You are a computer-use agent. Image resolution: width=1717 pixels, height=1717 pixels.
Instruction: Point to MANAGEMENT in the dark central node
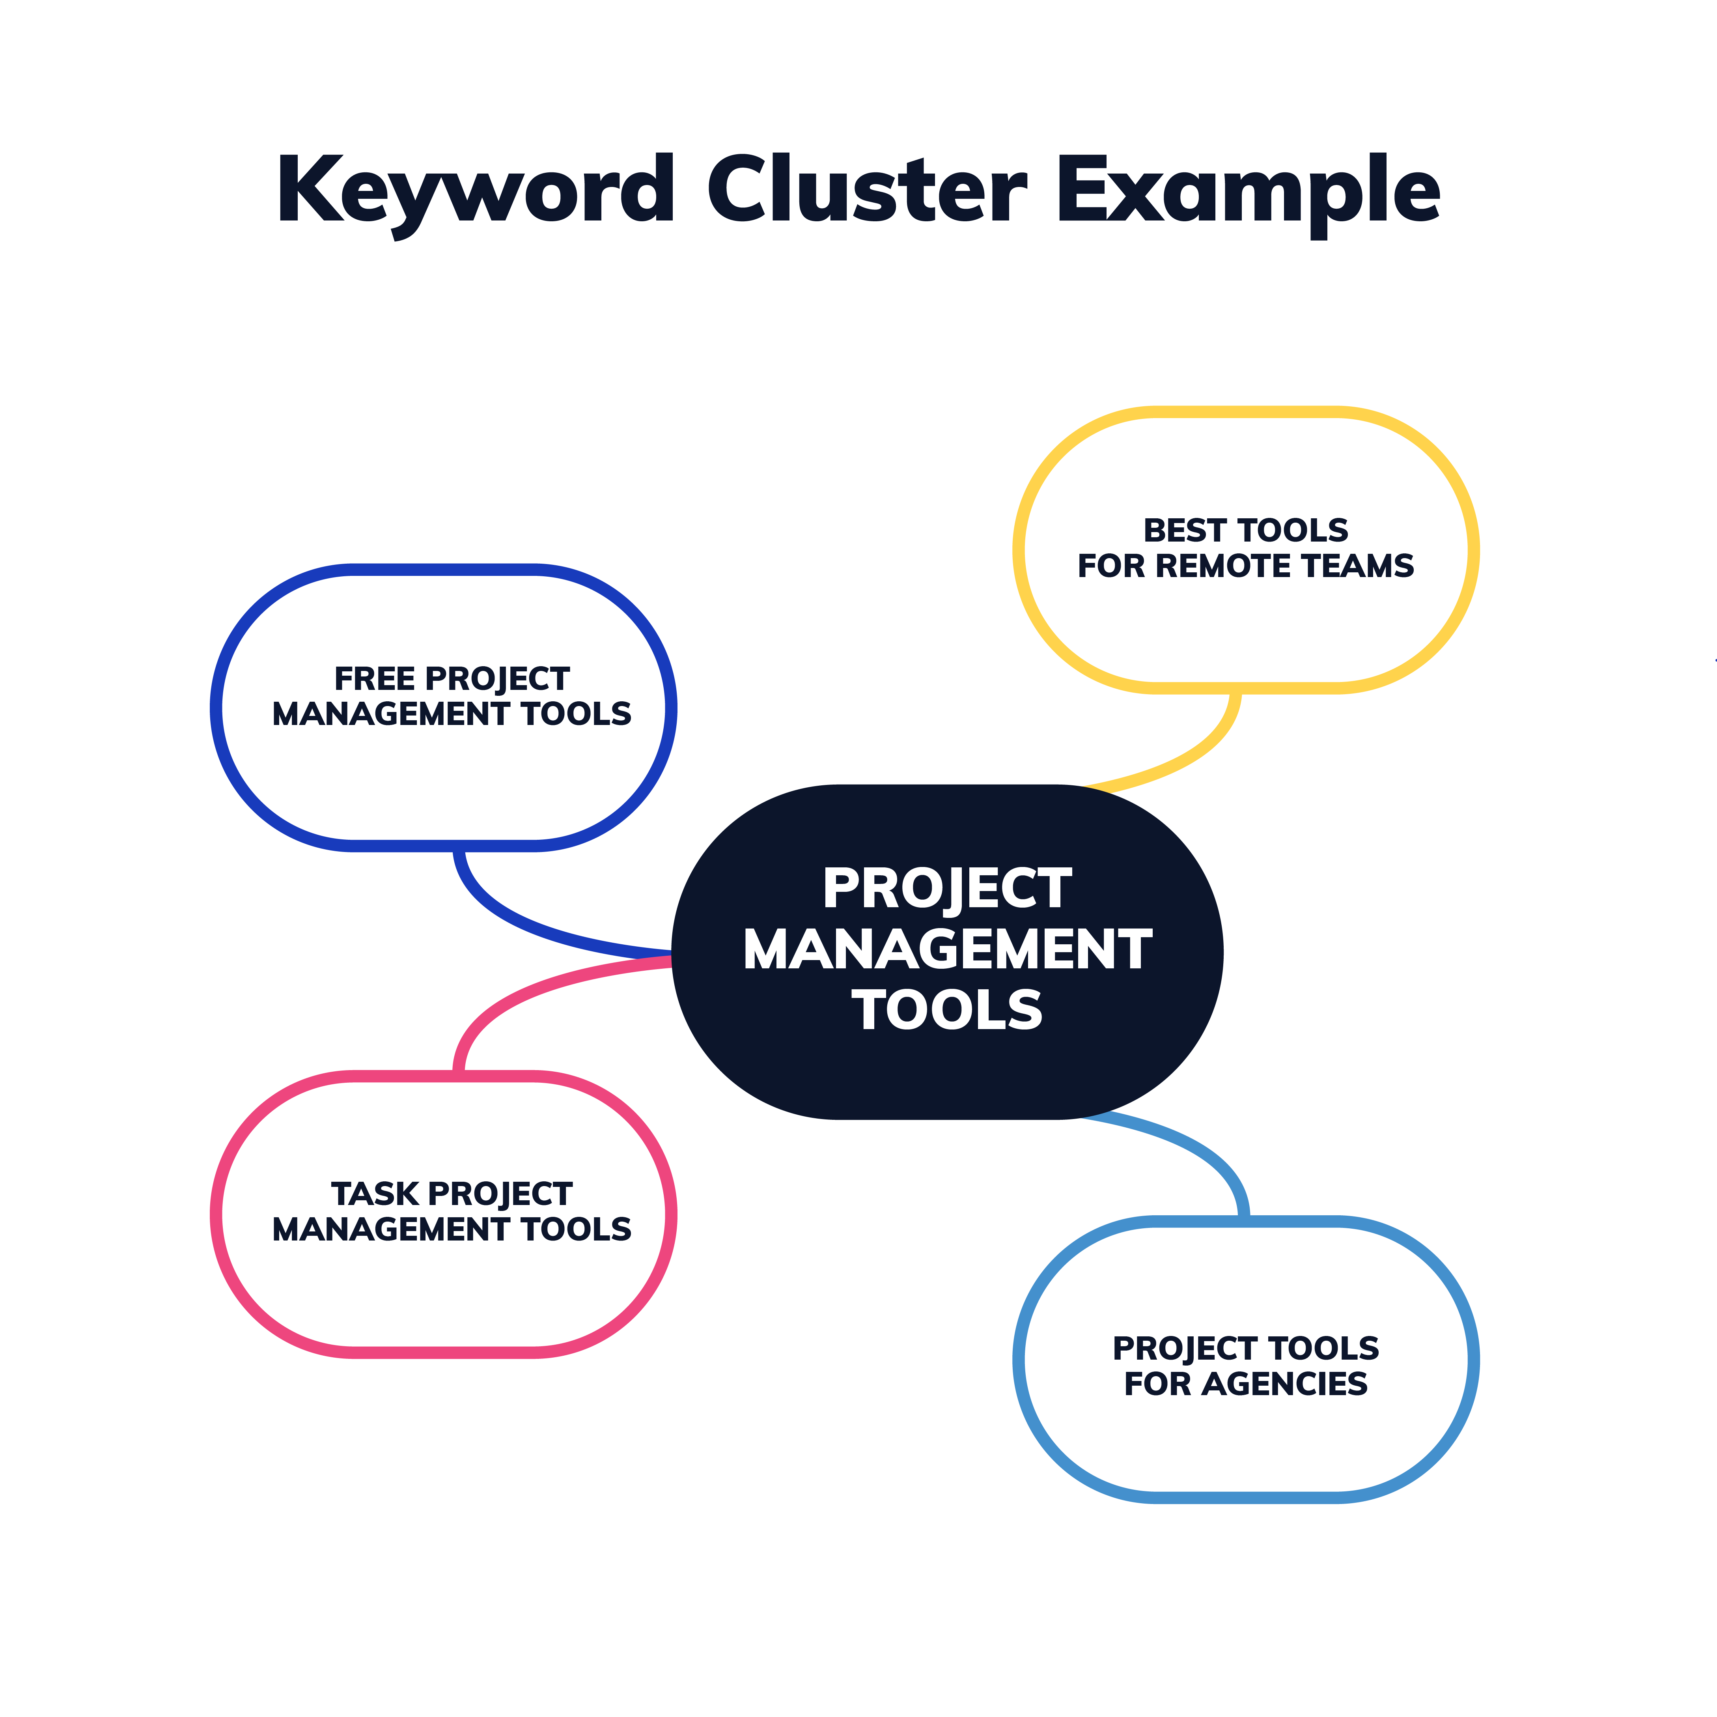coord(946,949)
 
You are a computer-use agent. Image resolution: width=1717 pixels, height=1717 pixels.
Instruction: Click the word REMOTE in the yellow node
coord(1222,566)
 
